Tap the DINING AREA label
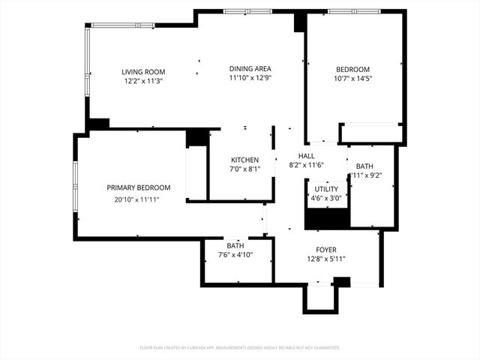click(250, 68)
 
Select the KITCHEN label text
click(244, 160)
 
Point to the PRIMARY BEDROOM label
click(138, 187)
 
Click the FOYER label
click(325, 250)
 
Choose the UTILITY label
click(326, 189)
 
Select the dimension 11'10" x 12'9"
click(250, 78)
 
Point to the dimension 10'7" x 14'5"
click(352, 78)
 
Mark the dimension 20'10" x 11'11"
click(137, 199)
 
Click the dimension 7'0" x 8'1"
click(244, 169)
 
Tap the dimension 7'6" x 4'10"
click(235, 255)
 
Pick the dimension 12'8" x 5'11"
click(325, 259)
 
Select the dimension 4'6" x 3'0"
click(326, 199)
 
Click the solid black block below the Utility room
click(327, 218)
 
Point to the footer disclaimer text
click(240, 348)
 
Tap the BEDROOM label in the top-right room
click(352, 69)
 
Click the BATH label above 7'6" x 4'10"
click(235, 246)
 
